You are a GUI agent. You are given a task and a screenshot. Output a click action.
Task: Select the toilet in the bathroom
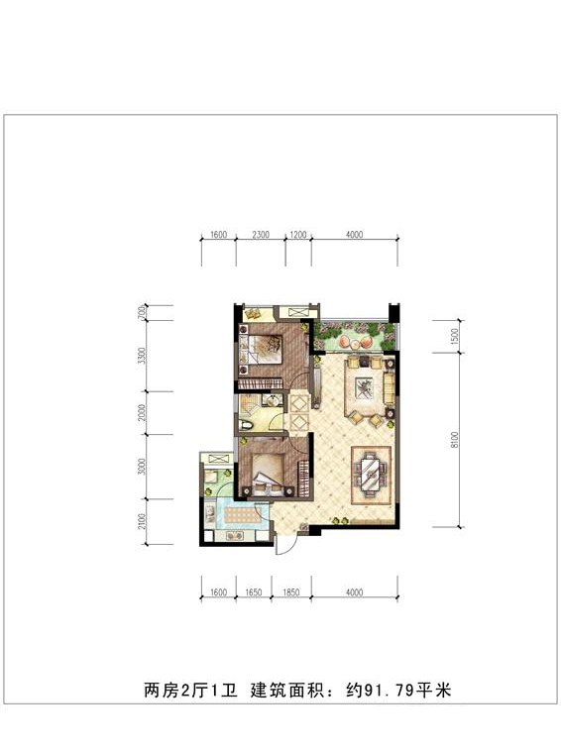(245, 424)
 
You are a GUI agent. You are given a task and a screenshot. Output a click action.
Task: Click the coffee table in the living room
(364, 387)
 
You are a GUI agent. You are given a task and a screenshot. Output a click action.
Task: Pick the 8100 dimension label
(455, 440)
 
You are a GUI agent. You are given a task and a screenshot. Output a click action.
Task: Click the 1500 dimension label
(455, 336)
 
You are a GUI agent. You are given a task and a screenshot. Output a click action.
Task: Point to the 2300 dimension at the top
(261, 234)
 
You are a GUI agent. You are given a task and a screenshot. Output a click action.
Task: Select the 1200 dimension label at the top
(298, 234)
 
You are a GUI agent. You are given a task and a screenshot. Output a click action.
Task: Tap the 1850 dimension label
(290, 592)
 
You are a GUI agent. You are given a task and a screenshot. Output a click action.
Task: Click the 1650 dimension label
(254, 592)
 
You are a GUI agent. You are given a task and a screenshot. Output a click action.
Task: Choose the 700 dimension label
(142, 312)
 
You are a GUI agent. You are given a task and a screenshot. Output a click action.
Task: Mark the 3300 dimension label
(142, 356)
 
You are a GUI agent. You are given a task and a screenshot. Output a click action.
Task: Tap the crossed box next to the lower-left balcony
(218, 459)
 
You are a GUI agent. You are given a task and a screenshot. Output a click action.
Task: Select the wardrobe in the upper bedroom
(259, 383)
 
